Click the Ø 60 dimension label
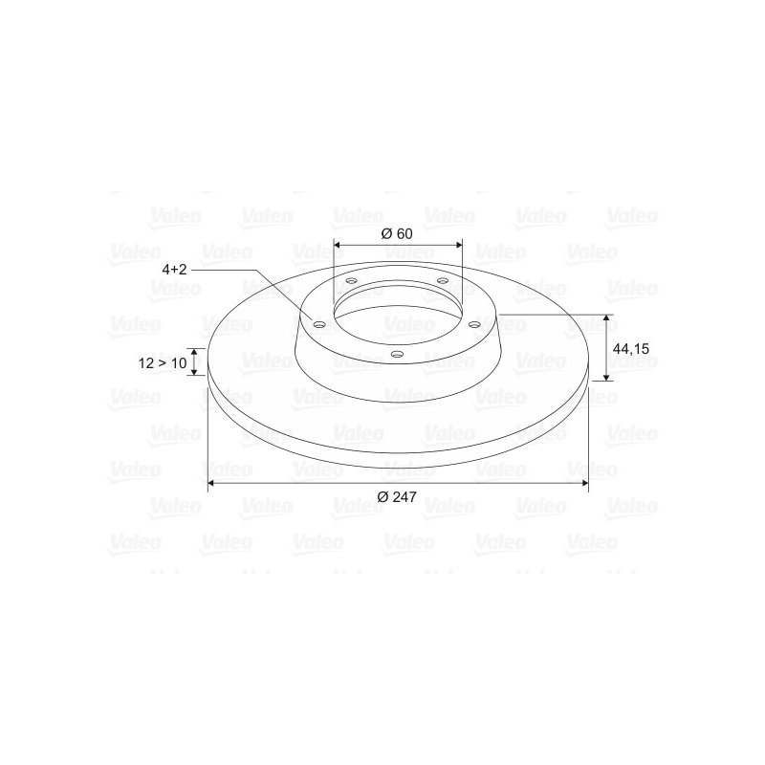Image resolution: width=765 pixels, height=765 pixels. [397, 233]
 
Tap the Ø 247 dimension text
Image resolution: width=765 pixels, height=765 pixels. [397, 496]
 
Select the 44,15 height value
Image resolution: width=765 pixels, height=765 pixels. [631, 349]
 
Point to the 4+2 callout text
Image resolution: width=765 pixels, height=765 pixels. [175, 270]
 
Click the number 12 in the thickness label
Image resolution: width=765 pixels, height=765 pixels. [146, 363]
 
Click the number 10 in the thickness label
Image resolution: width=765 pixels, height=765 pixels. [179, 363]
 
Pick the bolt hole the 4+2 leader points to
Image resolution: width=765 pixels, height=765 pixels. [319, 325]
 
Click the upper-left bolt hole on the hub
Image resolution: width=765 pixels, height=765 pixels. [351, 281]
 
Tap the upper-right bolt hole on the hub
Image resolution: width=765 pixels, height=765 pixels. [443, 280]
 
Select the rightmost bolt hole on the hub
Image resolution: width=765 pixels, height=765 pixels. [474, 324]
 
